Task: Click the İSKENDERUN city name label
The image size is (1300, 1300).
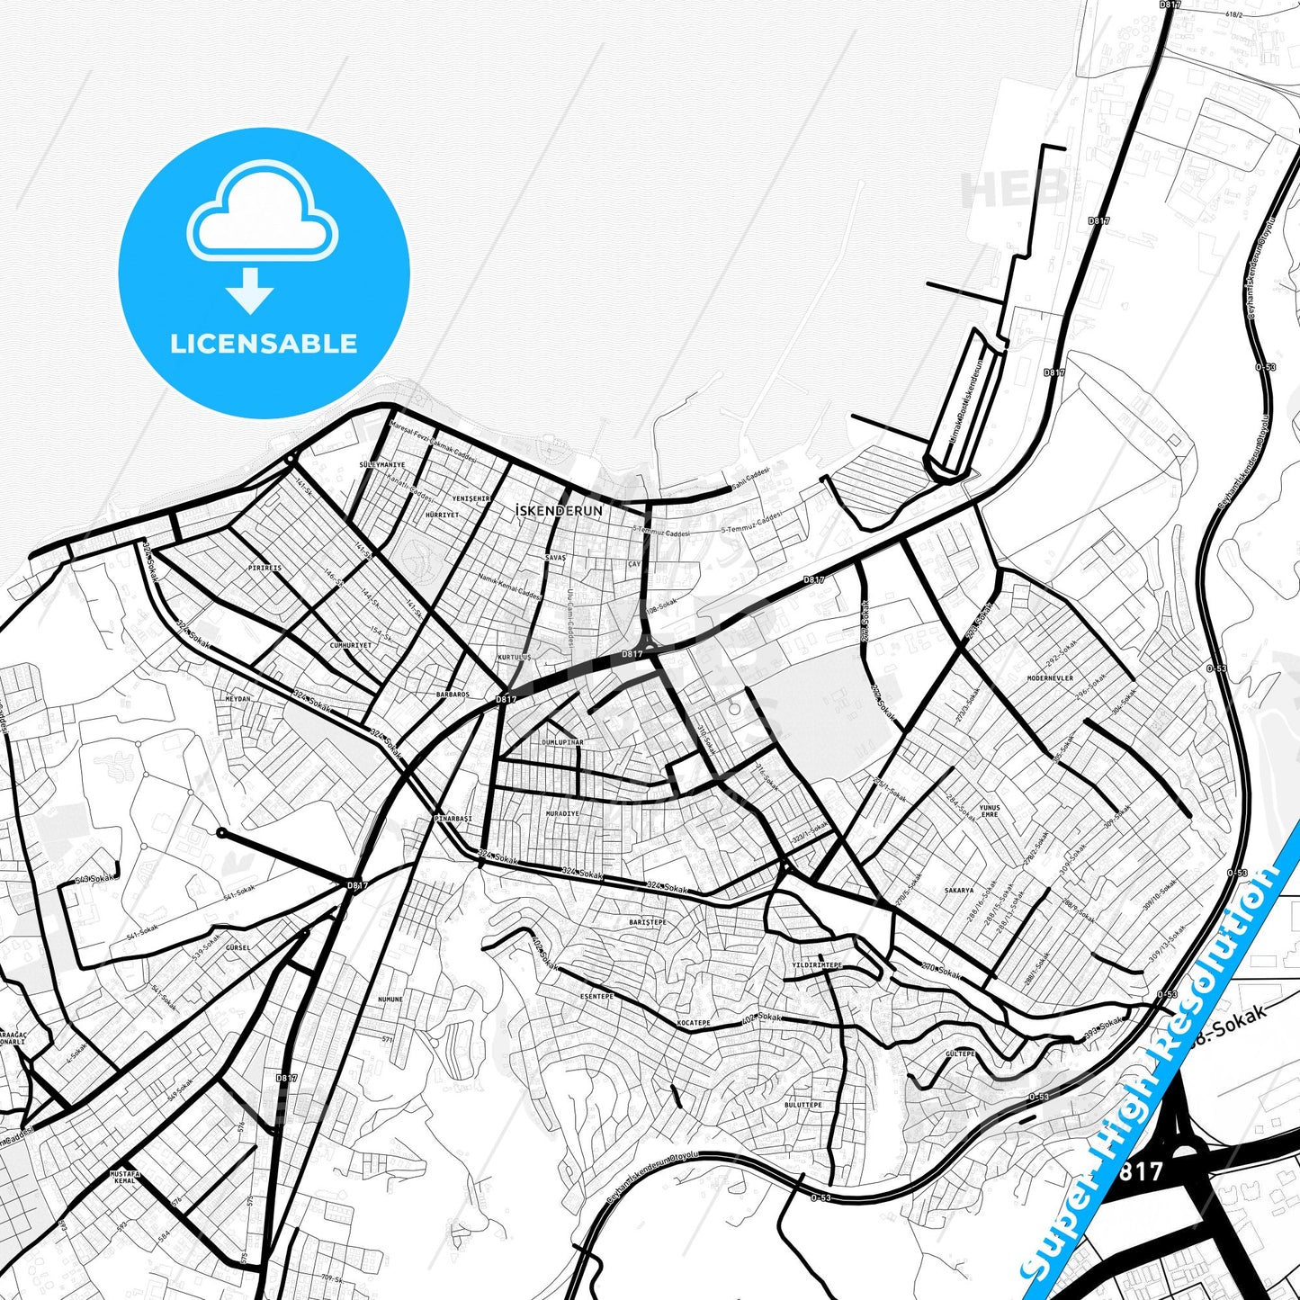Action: click(560, 510)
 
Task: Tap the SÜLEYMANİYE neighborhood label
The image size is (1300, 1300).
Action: click(382, 465)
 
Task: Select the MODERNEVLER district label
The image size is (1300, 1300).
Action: click(1050, 678)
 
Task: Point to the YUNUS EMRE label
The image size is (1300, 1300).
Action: click(990, 811)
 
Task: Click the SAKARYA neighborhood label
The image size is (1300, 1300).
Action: click(959, 891)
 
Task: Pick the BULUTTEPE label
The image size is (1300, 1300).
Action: click(802, 1105)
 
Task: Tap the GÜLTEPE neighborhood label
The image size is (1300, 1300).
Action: click(960, 1053)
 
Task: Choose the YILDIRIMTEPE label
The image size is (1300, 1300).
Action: click(816, 964)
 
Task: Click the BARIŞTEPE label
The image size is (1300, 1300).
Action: click(648, 922)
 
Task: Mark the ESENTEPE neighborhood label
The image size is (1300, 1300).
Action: click(596, 996)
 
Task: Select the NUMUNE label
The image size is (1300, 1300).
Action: click(390, 1000)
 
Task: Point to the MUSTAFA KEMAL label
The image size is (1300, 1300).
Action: click(124, 1177)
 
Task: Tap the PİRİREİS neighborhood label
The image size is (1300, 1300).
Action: click(264, 568)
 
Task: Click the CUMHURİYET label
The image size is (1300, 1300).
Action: click(350, 645)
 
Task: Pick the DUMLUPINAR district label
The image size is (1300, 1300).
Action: click(562, 742)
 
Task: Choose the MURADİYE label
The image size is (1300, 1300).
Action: click(562, 813)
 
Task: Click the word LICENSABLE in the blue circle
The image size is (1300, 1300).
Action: click(264, 344)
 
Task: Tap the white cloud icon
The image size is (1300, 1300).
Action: click(262, 212)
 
